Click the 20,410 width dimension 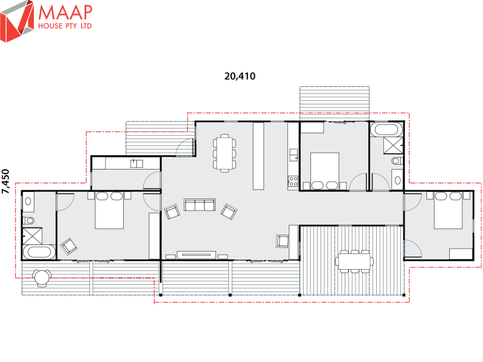[240, 76]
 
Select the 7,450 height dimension [6, 181]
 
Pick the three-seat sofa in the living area [200, 205]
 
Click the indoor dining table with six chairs [225, 153]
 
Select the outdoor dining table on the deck [355, 261]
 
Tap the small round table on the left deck [42, 277]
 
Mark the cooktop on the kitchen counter [293, 180]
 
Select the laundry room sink [136, 163]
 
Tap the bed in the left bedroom [110, 210]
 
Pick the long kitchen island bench [258, 156]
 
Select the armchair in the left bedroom [69, 246]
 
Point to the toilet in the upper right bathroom [396, 161]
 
